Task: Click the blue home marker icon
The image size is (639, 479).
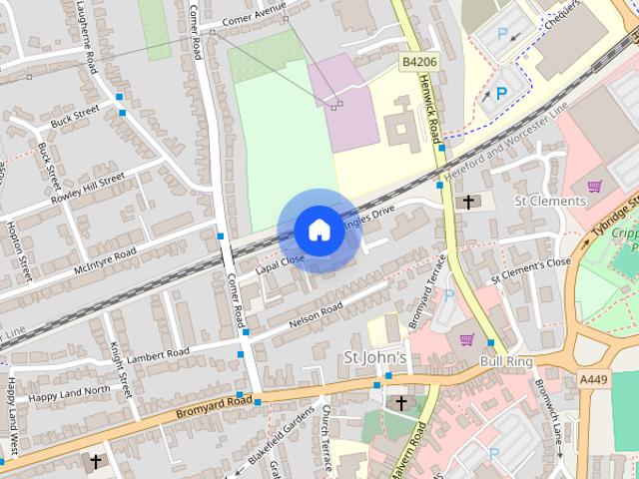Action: click(318, 231)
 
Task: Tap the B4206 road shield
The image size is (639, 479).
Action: click(419, 62)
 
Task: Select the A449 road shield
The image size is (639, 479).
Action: click(594, 378)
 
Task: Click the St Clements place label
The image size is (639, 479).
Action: click(550, 201)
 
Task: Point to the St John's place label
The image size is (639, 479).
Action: click(374, 358)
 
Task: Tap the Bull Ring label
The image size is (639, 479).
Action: click(502, 359)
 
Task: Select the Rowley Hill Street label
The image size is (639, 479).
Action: click(91, 185)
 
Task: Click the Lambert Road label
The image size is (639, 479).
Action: click(158, 353)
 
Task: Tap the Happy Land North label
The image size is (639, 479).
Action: click(70, 390)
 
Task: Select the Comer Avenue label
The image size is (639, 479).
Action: click(254, 16)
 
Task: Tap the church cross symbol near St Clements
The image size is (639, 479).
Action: click(467, 202)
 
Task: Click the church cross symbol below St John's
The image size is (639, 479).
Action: click(401, 403)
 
